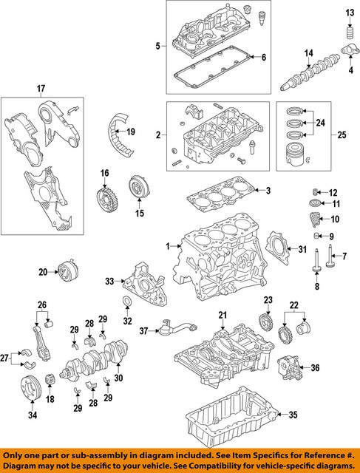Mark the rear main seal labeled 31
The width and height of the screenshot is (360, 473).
(x=280, y=248)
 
